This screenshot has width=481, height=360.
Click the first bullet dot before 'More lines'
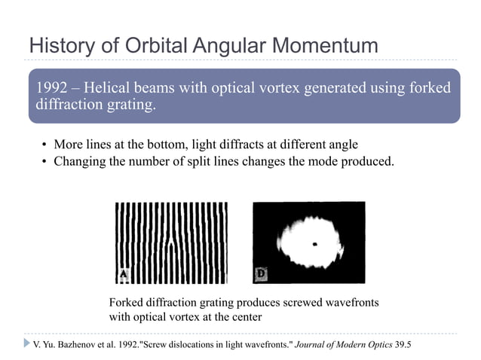click(x=45, y=145)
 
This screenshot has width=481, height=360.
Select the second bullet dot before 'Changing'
click(x=45, y=160)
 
